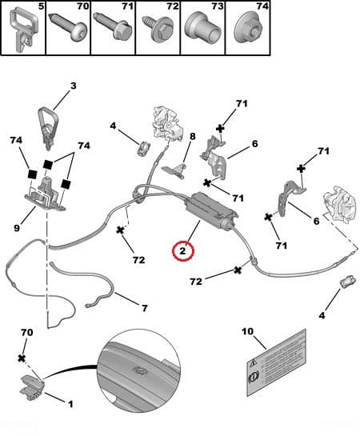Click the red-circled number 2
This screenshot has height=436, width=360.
click(x=183, y=251)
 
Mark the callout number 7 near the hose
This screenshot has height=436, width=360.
click(x=143, y=307)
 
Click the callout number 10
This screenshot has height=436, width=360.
click(x=246, y=330)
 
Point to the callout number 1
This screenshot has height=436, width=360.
click(x=70, y=404)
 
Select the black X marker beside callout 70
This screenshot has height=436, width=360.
click(x=22, y=358)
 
